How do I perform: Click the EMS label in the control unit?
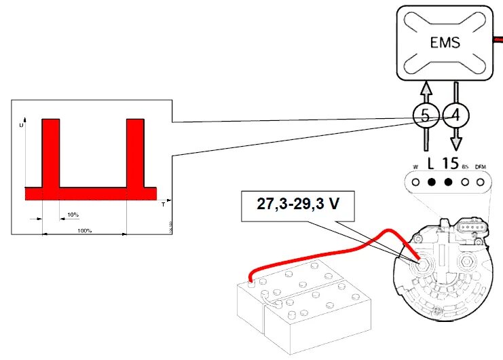pos(445,43)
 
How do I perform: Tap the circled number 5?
pos(426,115)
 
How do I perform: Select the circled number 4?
pos(455,115)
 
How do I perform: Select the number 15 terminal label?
pos(450,163)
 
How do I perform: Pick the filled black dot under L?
pos(431,182)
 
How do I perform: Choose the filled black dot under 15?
pos(449,182)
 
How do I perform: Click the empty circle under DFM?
pos(481,182)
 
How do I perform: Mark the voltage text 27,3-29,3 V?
pos(298,203)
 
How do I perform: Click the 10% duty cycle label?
pos(73,215)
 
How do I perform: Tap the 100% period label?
pos(84,231)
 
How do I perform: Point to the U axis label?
pos(22,126)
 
